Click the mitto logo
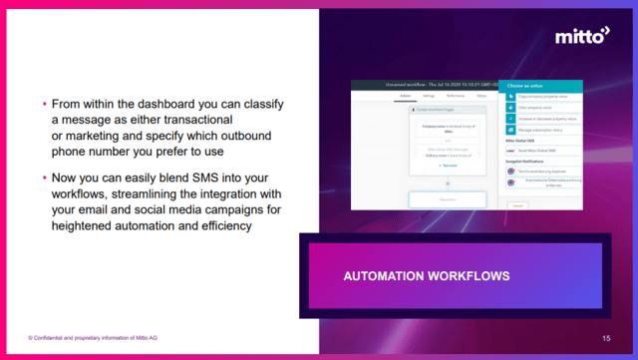tap(582, 37)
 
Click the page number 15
tap(606, 338)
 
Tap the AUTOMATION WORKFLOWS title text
tap(427, 274)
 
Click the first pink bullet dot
tap(45, 103)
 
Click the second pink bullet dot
tap(45, 177)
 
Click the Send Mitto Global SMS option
tap(540, 151)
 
